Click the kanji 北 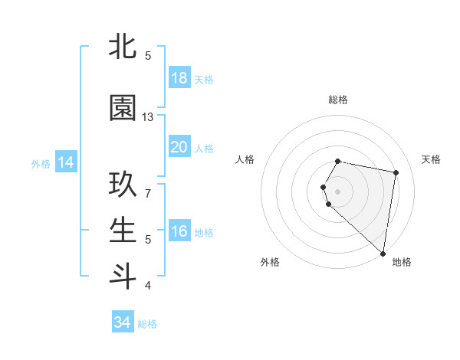click(x=123, y=47)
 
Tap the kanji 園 click(x=123, y=109)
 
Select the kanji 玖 click(x=123, y=187)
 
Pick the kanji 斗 click(x=123, y=275)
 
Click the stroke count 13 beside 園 click(x=148, y=117)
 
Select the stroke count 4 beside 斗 click(x=148, y=285)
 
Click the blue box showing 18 click(x=179, y=78)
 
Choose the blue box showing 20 click(x=179, y=147)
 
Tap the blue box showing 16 click(x=179, y=231)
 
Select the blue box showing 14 click(x=66, y=162)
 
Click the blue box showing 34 click(x=123, y=323)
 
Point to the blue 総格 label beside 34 click(x=148, y=324)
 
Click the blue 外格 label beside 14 click(x=41, y=163)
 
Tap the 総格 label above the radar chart click(x=338, y=100)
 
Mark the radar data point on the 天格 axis click(x=396, y=173)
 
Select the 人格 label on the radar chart click(x=245, y=159)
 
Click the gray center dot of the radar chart click(x=338, y=191)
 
